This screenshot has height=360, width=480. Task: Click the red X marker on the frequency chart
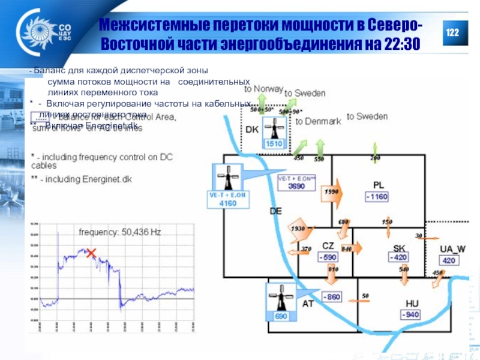point(91,253)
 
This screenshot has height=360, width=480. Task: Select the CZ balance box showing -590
point(328,257)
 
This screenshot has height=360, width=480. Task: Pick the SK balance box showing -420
point(398,257)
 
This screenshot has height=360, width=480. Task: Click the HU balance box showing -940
point(410,314)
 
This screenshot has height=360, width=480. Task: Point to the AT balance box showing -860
point(332,296)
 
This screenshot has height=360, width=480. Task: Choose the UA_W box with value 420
point(448,260)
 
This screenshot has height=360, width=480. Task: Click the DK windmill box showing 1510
point(274,133)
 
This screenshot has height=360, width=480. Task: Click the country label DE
point(275,211)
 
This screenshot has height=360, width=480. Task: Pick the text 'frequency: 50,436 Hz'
point(120,231)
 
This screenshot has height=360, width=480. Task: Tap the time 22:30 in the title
point(400,44)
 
